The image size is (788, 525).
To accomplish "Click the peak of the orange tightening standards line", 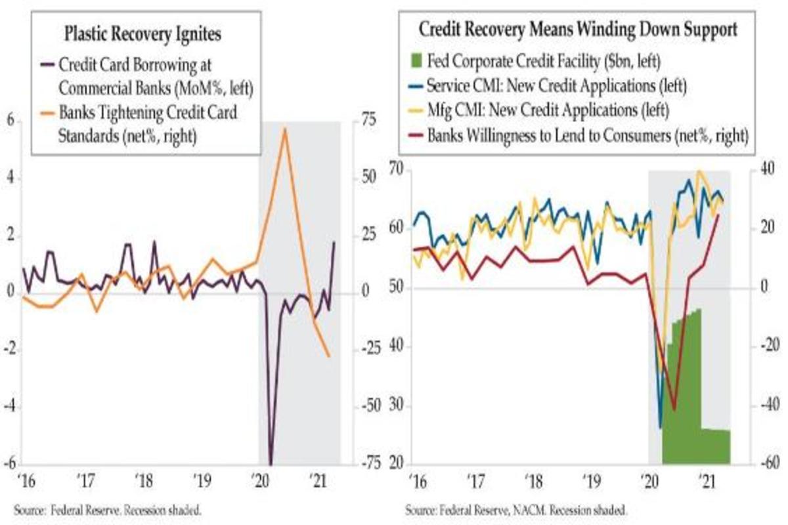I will [284, 129].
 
